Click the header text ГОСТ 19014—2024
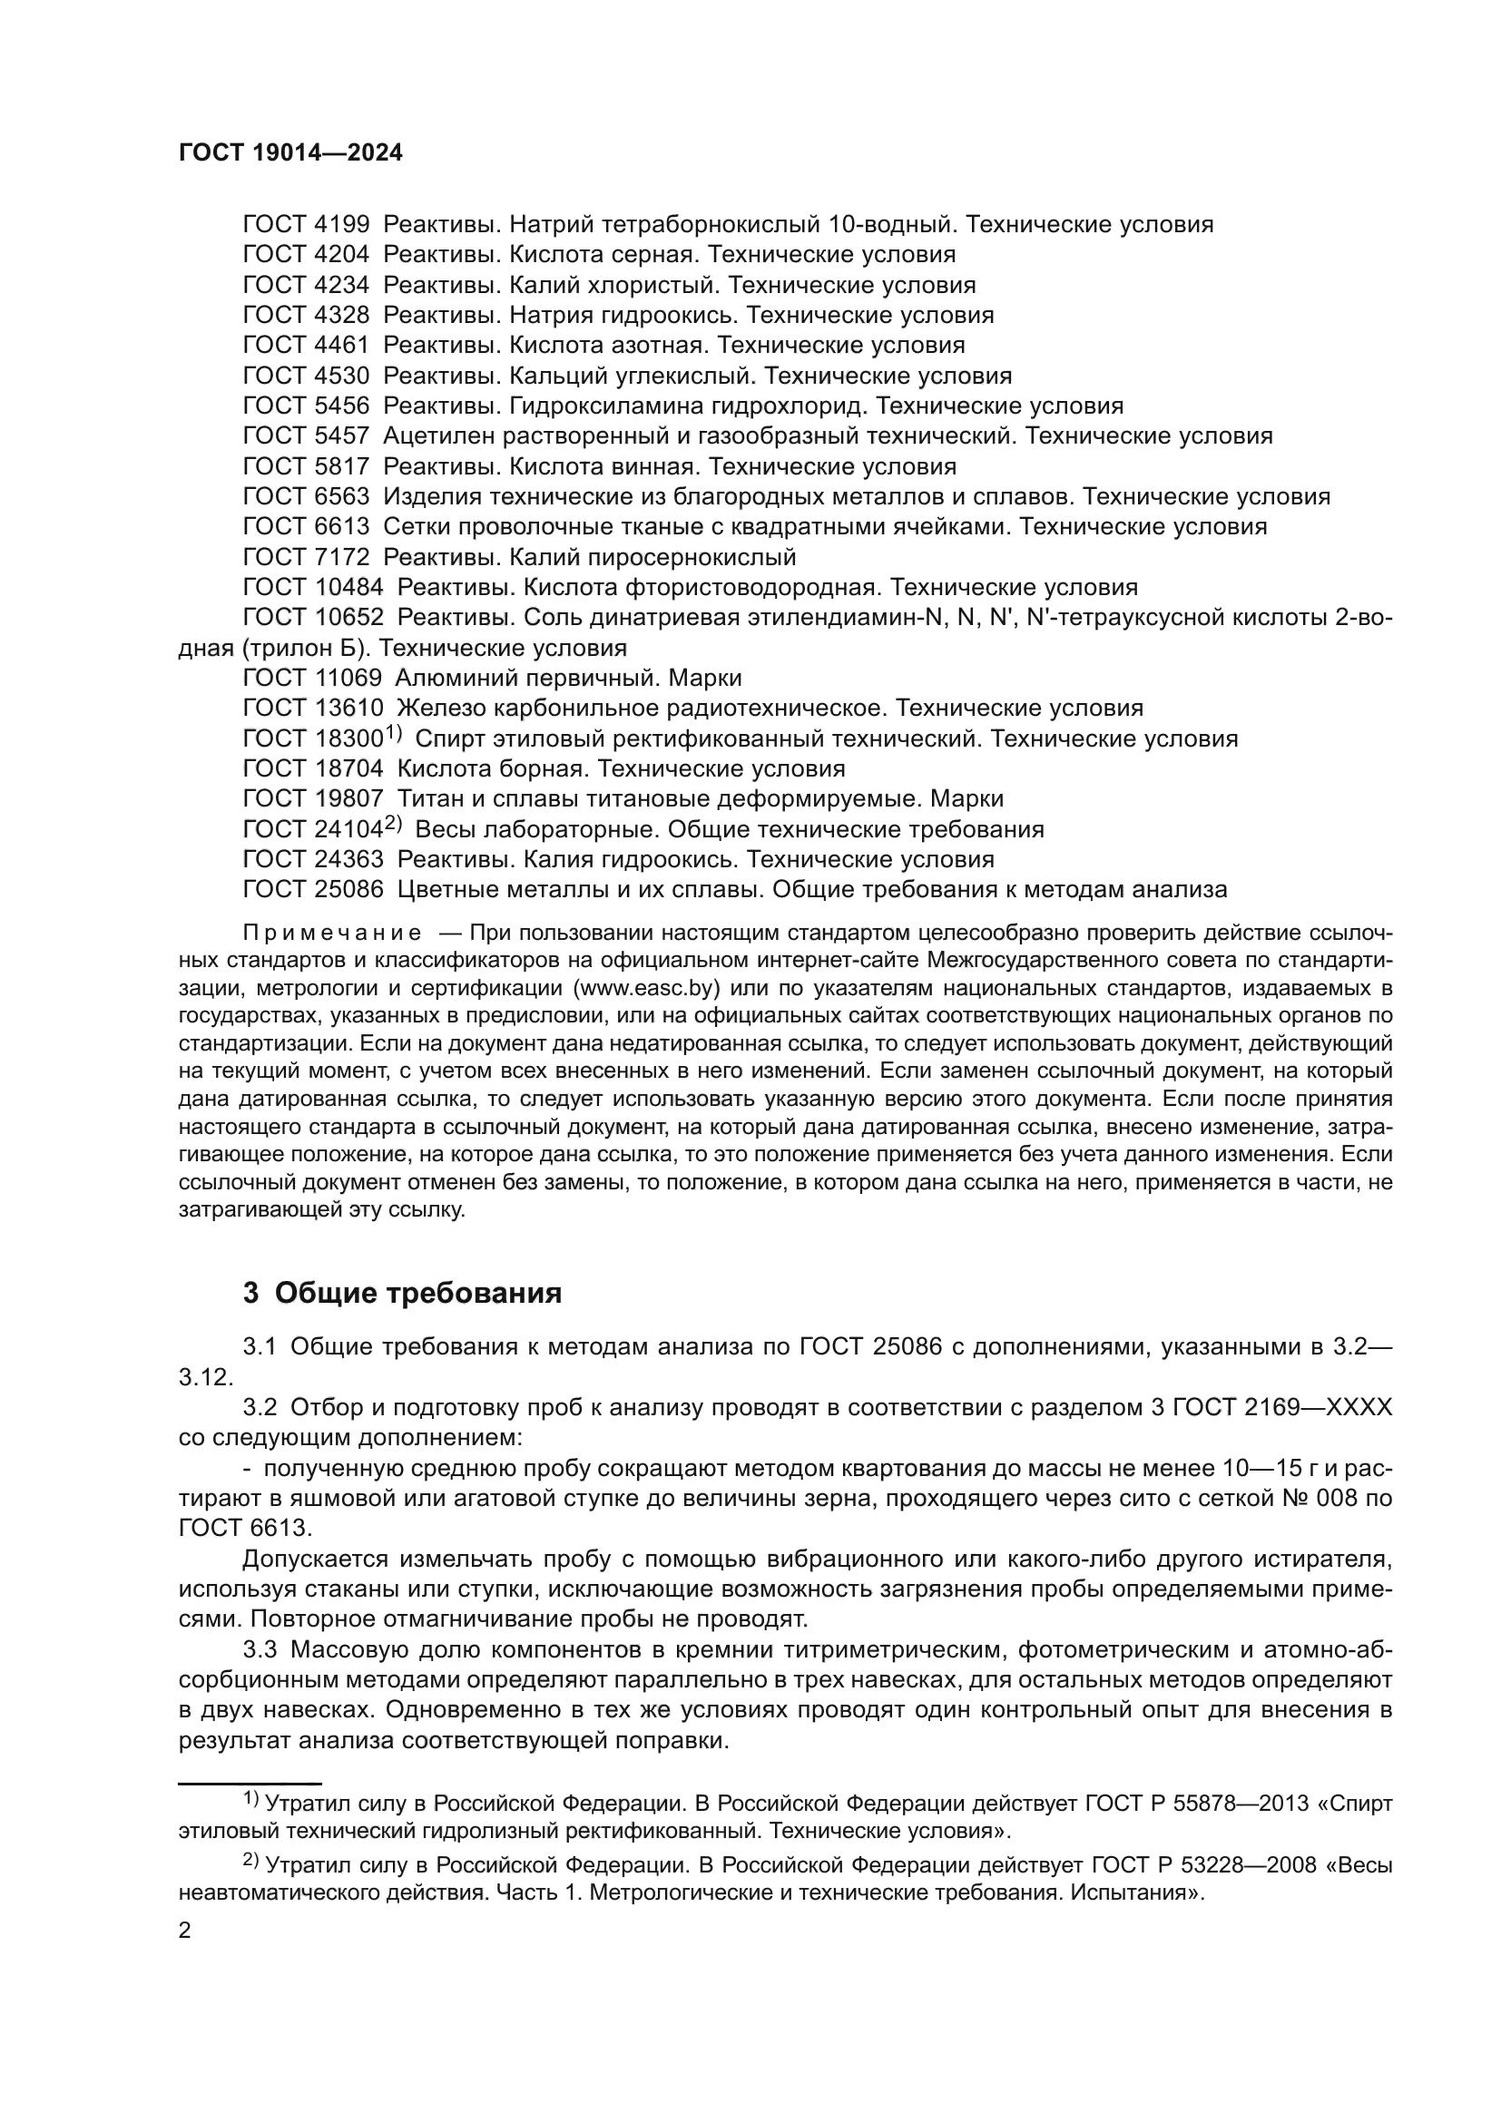click(290, 153)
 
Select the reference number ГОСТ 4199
click(305, 225)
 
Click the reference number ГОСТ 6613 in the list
click(305, 527)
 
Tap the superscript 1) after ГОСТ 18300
click(392, 734)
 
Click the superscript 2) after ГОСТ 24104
click(393, 825)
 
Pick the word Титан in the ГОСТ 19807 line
click(427, 798)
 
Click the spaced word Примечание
click(332, 933)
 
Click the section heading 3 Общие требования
click(402, 1293)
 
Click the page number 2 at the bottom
click(185, 1931)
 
